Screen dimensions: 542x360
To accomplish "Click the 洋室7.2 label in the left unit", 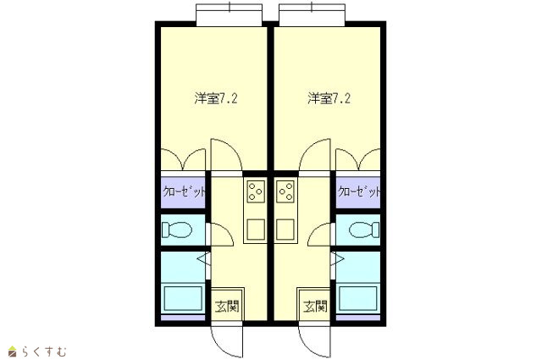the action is point(216,98).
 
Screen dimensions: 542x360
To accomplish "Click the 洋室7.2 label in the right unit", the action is point(329,98).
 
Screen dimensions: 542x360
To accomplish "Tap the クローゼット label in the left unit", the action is point(184,191).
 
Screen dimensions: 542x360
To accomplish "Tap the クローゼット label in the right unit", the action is point(359,191).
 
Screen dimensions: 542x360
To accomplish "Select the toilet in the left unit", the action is point(177,230).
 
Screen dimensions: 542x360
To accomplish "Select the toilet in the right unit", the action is point(364,230).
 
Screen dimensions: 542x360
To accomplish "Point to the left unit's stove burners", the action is point(256,191).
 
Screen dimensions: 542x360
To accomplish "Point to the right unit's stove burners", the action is point(285,191).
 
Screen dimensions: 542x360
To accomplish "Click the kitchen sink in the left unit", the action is point(256,230).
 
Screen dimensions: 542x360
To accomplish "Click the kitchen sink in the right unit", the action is point(285,230).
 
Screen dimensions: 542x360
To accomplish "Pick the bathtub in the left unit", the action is point(183,298).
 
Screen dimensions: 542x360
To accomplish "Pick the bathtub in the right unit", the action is point(357,298).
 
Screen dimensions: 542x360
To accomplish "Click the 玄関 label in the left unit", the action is point(227,307).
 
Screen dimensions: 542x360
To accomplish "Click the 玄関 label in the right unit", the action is point(315,307).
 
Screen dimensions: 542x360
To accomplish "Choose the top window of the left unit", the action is point(229,15).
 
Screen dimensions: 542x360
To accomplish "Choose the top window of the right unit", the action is point(312,15).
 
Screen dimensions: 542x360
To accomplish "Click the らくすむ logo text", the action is point(44,352).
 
